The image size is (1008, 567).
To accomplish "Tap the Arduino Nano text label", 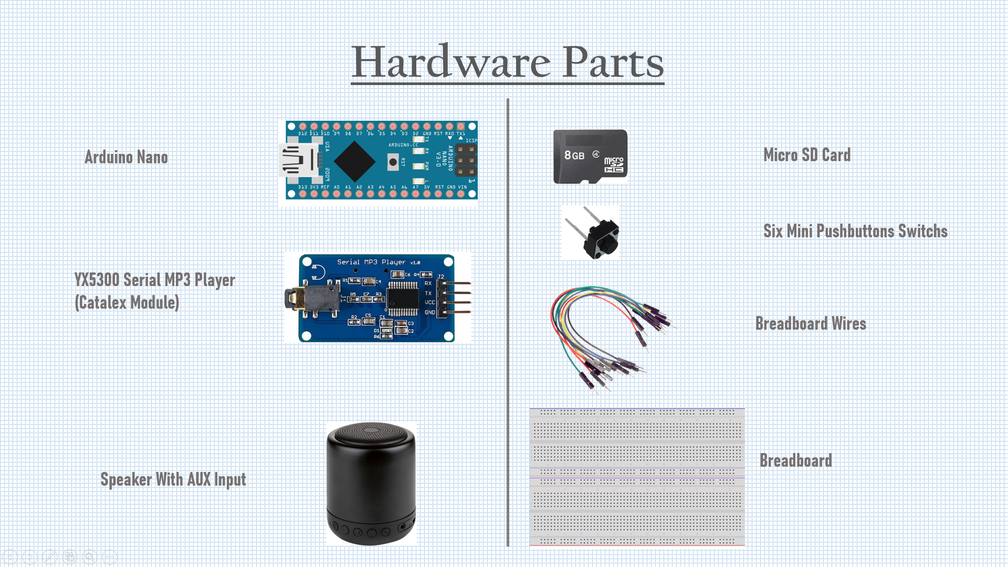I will (x=126, y=157).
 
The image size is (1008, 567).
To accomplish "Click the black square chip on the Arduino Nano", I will (x=354, y=161).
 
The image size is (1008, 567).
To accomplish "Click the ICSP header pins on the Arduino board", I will (x=466, y=160).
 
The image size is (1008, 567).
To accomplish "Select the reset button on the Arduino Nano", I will (x=393, y=162).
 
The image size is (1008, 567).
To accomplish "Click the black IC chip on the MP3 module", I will (x=403, y=298).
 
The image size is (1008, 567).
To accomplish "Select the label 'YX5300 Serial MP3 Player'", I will (x=154, y=280).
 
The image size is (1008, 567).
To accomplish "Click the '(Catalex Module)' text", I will (x=127, y=303).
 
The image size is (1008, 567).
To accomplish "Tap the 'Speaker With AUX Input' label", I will (x=173, y=479).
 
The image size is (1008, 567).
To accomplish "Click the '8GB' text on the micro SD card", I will (x=574, y=155).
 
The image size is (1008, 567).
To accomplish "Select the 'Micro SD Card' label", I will (x=806, y=155).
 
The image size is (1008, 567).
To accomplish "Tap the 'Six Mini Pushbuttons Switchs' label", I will (x=855, y=231).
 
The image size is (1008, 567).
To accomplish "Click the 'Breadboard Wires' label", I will (x=810, y=323).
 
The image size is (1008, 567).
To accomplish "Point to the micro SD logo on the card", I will (x=613, y=165).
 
